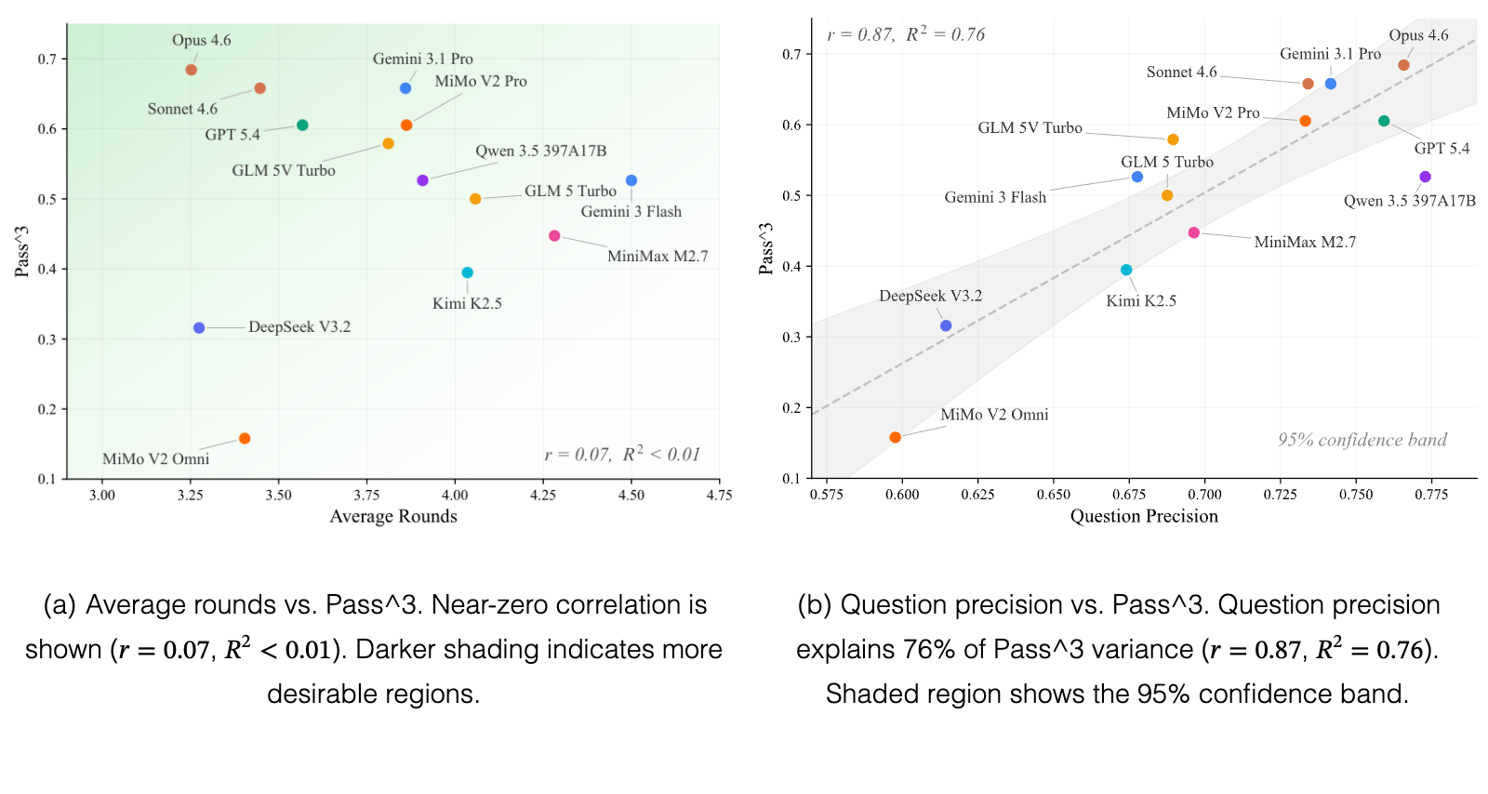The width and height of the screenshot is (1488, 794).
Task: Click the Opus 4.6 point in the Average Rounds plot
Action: (192, 70)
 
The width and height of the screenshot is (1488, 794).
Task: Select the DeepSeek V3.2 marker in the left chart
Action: (199, 328)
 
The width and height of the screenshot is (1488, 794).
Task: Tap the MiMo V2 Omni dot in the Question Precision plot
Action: (896, 438)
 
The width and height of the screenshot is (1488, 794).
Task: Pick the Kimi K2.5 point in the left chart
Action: (468, 272)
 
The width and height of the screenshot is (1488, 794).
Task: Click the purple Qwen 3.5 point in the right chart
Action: (1425, 177)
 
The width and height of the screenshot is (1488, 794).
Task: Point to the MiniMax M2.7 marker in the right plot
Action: (1194, 233)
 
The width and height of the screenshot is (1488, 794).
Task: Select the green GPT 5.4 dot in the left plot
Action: (302, 125)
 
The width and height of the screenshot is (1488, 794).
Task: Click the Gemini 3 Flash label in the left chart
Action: (631, 212)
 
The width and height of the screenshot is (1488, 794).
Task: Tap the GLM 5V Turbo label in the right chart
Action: (1030, 127)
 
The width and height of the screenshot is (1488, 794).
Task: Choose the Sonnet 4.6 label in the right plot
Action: (1182, 72)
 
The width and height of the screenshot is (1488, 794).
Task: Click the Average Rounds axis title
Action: (393, 517)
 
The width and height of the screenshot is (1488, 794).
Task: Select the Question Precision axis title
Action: (1144, 517)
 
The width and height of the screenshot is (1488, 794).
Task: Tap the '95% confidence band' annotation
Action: (1362, 440)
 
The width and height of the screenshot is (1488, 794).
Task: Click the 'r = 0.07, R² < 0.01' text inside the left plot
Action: (622, 454)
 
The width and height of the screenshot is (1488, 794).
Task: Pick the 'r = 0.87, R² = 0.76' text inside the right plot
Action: (906, 33)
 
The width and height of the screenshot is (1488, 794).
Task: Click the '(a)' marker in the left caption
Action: (60, 604)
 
